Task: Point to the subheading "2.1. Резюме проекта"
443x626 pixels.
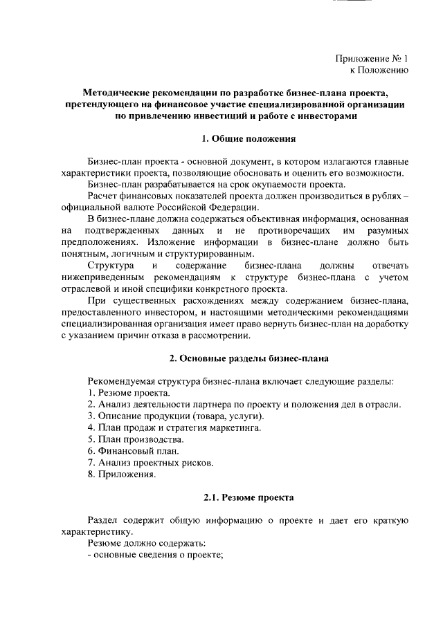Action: pos(248,497)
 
